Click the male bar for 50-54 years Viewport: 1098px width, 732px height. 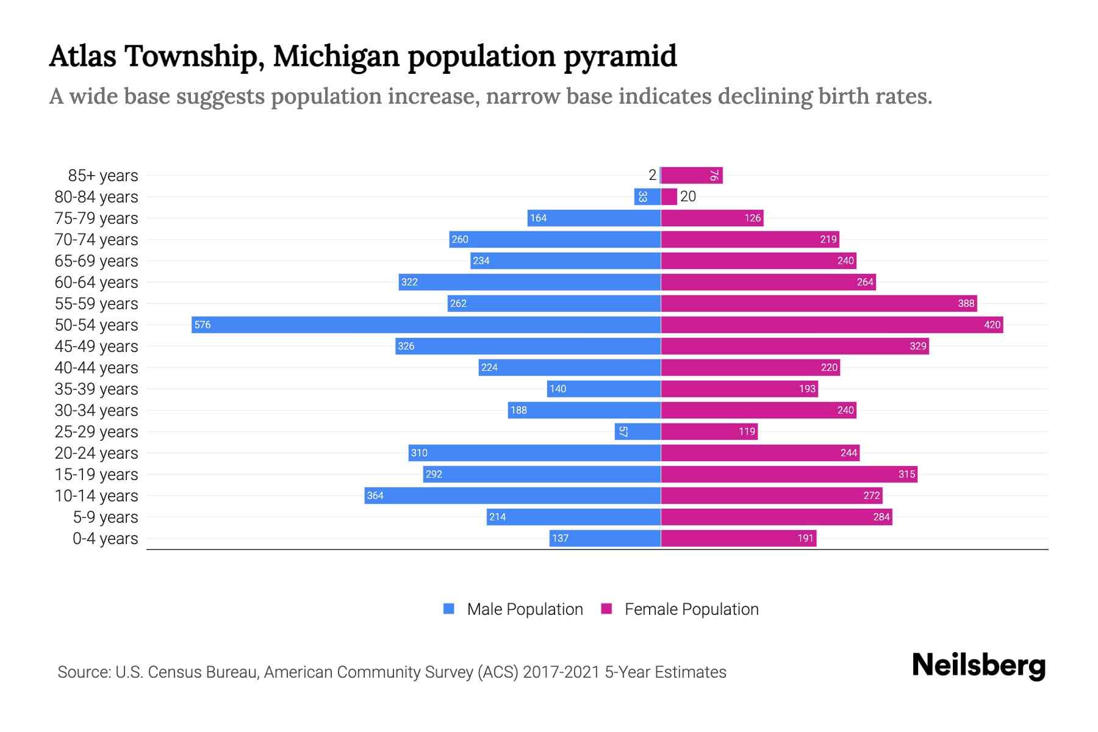click(426, 325)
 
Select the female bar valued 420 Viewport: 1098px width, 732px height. click(831, 325)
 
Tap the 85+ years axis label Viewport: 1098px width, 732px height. click(102, 176)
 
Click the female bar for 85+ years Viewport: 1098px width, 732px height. click(692, 176)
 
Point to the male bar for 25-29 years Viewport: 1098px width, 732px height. click(637, 431)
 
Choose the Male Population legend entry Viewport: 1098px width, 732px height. click(512, 609)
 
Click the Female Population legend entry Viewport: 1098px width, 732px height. click(680, 609)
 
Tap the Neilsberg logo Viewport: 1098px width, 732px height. click(978, 666)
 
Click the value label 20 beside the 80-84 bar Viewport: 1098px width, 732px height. click(688, 196)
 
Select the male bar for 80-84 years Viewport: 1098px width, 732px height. click(647, 196)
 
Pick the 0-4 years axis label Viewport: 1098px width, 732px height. click(105, 539)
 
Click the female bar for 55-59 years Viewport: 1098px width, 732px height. click(819, 303)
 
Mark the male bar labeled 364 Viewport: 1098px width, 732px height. click(512, 495)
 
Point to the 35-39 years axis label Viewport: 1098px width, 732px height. click(96, 389)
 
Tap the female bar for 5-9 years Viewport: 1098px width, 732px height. click(776, 517)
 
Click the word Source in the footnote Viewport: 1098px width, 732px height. click(83, 672)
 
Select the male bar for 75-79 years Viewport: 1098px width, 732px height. click(594, 218)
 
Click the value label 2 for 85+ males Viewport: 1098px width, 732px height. click(652, 176)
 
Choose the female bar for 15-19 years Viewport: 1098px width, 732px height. click(789, 474)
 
